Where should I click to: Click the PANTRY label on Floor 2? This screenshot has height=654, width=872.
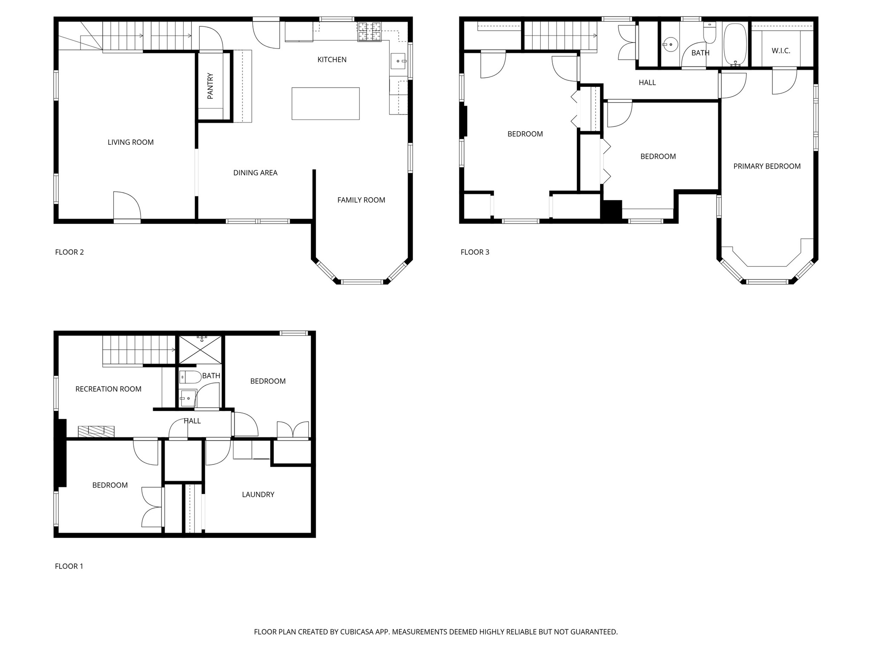210,86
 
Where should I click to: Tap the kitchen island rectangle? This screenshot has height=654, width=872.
325,103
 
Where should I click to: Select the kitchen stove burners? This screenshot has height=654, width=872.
369,32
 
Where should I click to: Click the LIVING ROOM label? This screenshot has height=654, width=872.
130,142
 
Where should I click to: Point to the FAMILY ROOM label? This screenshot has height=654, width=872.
361,200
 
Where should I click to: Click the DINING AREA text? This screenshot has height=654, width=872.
255,173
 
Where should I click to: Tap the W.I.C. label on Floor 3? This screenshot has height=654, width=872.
781,51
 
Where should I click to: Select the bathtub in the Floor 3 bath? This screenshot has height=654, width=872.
735,44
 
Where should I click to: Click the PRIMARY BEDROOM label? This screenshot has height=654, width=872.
767,166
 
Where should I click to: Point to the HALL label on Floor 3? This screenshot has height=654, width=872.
647,83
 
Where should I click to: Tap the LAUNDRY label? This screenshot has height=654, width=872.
258,494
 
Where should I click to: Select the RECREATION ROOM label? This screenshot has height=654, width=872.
108,389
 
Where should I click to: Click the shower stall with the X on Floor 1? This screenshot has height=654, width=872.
200,350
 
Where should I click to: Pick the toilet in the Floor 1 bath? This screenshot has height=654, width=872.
190,377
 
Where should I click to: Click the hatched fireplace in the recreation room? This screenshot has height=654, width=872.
96,431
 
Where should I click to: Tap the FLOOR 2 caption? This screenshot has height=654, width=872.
69,252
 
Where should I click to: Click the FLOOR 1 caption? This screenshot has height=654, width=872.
69,566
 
